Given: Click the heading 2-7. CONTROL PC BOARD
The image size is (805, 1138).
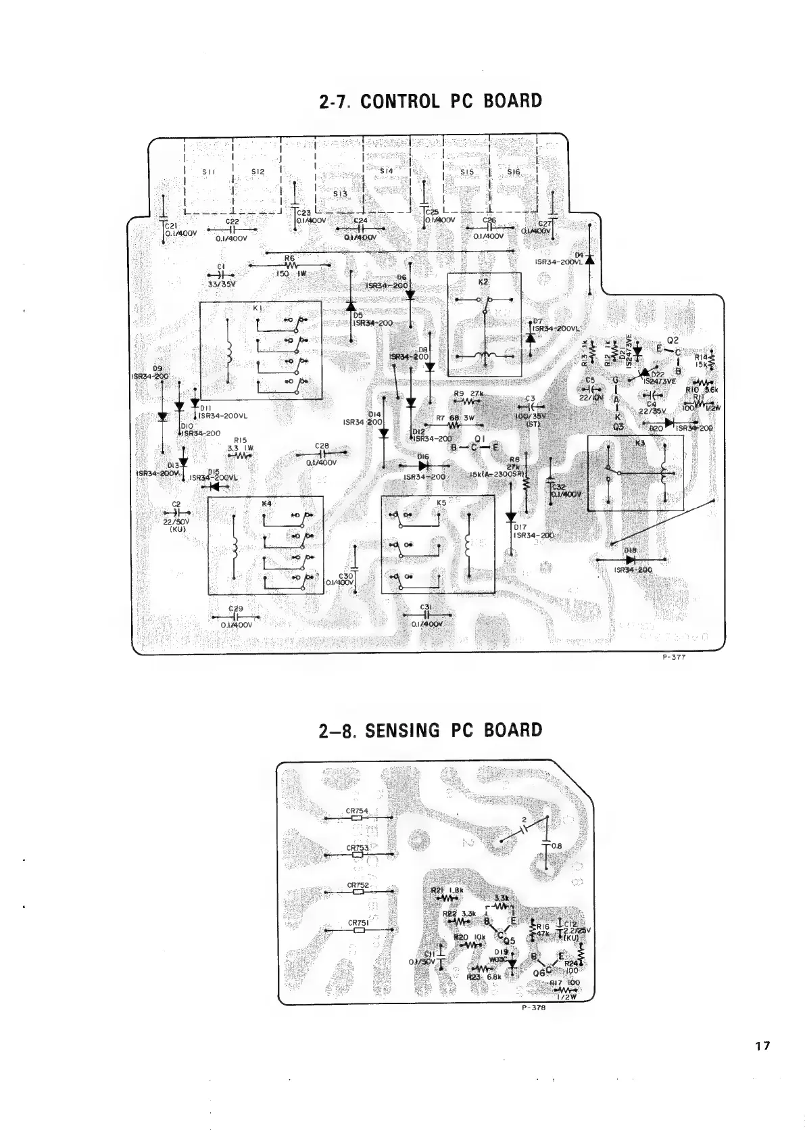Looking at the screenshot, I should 430,101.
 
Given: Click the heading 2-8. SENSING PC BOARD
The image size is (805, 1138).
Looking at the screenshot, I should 430,730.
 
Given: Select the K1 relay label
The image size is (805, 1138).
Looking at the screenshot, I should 258,308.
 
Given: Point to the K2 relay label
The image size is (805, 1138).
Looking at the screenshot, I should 484,280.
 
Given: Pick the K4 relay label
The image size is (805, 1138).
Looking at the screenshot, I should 266,504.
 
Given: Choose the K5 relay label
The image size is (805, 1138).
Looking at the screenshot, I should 441,503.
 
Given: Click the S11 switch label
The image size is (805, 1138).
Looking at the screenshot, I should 209,172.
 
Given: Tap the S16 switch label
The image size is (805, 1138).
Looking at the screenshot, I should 514,172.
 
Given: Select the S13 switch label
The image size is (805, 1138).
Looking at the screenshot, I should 340,193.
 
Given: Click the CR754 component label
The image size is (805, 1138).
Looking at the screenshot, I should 357,810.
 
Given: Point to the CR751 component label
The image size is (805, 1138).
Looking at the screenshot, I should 358,922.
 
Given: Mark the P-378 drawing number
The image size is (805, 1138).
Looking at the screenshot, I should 534,1007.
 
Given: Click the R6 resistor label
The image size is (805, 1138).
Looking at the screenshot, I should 290,258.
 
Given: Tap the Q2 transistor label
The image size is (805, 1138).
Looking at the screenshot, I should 672,340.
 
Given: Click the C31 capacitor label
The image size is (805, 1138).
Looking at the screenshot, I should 426,607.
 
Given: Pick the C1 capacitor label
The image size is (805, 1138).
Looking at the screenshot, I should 220,266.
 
